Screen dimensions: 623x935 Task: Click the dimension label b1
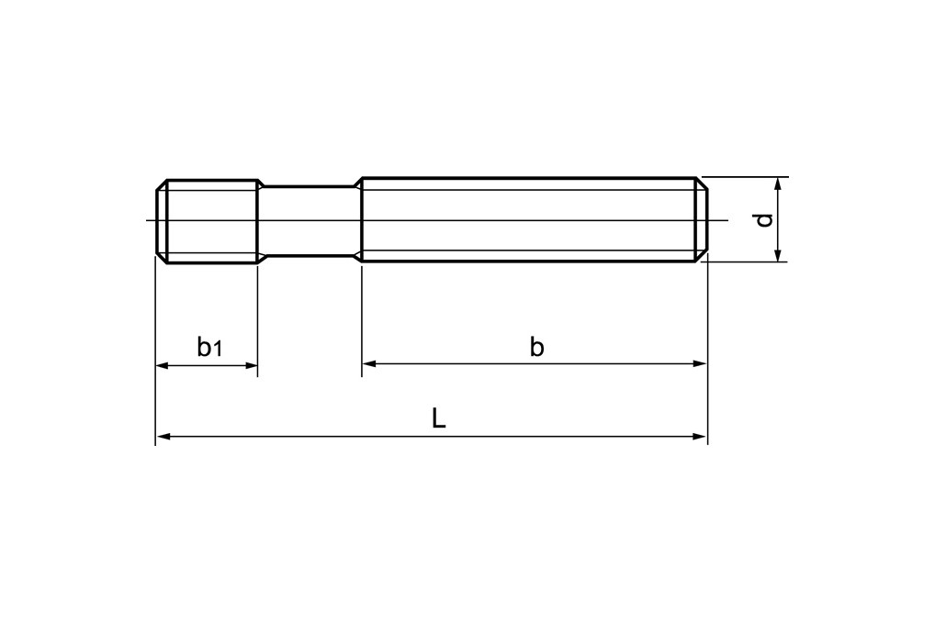(209, 347)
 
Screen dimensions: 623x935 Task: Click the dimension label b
(536, 347)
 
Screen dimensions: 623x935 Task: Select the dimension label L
(439, 419)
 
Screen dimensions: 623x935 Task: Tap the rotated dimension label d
(761, 220)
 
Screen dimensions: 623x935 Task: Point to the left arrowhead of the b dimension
(368, 364)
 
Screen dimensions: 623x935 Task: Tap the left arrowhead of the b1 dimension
(162, 365)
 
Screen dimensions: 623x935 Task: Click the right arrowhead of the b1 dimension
(252, 365)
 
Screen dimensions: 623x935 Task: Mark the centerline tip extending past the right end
(724, 220)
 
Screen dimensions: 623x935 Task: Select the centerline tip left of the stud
(148, 220)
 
